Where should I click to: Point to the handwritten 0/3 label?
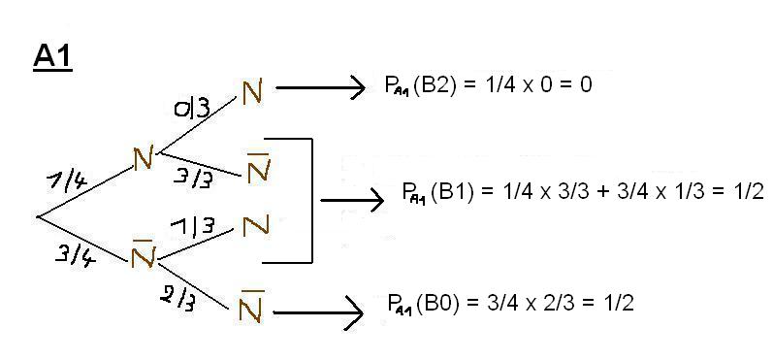191,109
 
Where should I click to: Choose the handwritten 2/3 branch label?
177,300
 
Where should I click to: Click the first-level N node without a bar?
145,157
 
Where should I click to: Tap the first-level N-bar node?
144,253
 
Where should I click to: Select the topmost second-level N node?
252,91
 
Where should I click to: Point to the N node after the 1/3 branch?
255,226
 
